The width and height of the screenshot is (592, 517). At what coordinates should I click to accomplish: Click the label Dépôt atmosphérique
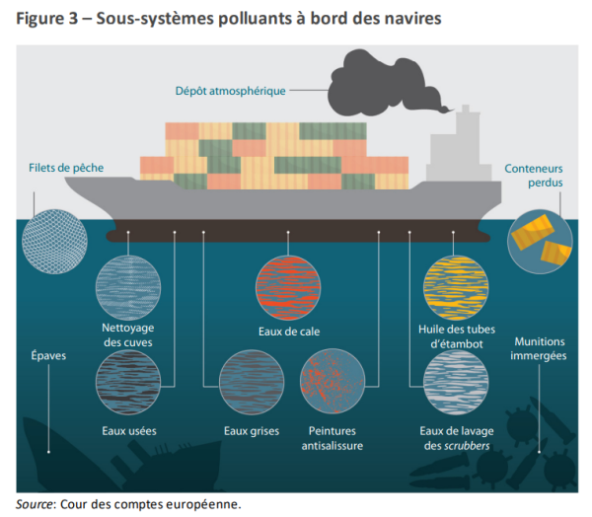coord(230,91)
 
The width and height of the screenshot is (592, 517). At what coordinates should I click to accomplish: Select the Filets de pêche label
coord(66,168)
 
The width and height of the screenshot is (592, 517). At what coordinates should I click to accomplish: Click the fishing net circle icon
coord(54,242)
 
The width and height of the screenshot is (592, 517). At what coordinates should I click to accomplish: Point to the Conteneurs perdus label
coord(534,176)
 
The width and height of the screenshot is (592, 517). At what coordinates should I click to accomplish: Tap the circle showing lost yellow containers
coord(540,242)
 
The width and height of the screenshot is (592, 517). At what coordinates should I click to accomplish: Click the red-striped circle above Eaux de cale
coord(288,288)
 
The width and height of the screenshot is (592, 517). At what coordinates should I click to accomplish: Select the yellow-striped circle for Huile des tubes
coord(456,288)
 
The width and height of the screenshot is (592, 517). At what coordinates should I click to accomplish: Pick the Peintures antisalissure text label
coord(333,438)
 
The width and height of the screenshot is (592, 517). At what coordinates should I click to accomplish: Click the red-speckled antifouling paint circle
coord(333,382)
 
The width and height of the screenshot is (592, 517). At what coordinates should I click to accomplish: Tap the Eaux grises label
coord(252,431)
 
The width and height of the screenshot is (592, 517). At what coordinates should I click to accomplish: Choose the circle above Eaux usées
coord(128,382)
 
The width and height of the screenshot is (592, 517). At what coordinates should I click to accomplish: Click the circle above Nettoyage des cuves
coord(128,288)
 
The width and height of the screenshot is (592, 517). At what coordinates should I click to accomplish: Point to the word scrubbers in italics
coord(467,446)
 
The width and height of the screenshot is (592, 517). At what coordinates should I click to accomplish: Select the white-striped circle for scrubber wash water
coord(456,382)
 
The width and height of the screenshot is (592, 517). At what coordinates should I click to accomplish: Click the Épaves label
coord(48,356)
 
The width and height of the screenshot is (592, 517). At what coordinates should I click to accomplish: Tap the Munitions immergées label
coord(539,348)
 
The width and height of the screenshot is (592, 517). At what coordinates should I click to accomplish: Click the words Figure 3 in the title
coord(46,18)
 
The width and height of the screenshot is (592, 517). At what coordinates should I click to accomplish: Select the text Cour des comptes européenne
coord(150,504)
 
